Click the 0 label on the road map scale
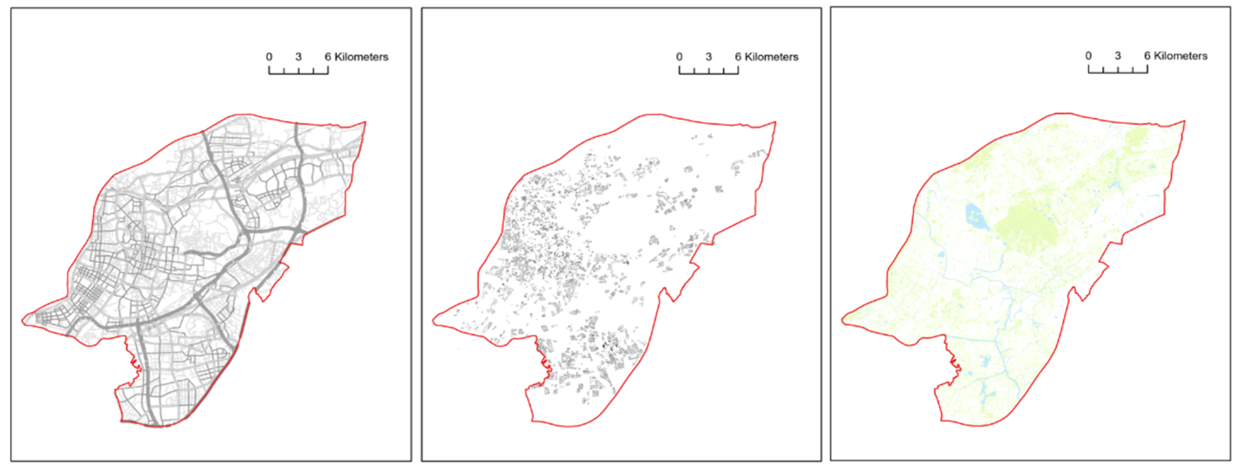coord(269,57)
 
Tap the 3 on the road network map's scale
coord(299,57)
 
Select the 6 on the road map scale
coord(327,57)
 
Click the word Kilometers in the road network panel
coord(361,57)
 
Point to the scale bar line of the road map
coord(299,73)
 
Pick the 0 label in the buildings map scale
coord(679,57)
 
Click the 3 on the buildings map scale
coord(709,57)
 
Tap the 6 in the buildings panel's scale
coord(738,57)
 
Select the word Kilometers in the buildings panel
coord(772,57)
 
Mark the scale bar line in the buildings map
coord(709,73)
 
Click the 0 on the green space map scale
coord(1088,56)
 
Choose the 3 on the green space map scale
coord(1118,56)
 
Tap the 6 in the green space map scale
coord(1147,56)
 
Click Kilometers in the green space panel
coord(1181,56)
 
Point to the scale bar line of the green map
coord(1118,72)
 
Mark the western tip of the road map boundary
coord(23,320)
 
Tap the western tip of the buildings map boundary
coord(434,320)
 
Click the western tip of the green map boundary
coord(843,320)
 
